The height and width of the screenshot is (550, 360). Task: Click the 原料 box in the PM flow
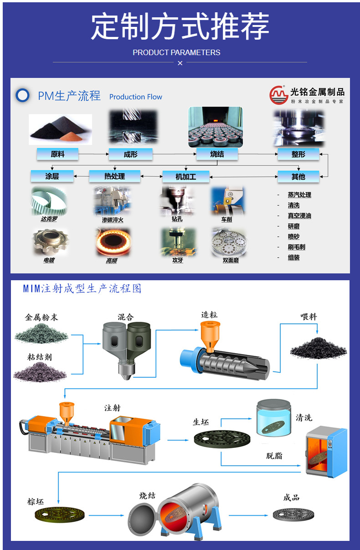pyautogui.click(x=57, y=154)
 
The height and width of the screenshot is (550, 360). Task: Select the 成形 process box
pyautogui.click(x=130, y=154)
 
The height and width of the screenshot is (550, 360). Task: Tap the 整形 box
pyautogui.click(x=298, y=154)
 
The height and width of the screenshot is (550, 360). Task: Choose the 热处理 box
pyautogui.click(x=115, y=176)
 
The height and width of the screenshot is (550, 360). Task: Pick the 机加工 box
pyautogui.click(x=186, y=176)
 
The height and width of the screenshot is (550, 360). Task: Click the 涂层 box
pyautogui.click(x=52, y=176)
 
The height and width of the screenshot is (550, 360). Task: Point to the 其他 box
pyautogui.click(x=298, y=176)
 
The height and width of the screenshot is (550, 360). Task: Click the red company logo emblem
pyautogui.click(x=279, y=95)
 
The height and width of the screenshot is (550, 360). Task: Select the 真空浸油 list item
pyautogui.click(x=299, y=216)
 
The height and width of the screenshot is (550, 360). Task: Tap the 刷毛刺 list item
pyautogui.click(x=296, y=247)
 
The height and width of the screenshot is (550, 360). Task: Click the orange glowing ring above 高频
pyautogui.click(x=113, y=242)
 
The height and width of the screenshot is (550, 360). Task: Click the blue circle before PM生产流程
pyautogui.click(x=22, y=95)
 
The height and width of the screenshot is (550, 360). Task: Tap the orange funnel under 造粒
pyautogui.click(x=210, y=336)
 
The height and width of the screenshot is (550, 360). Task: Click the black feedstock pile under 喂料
pyautogui.click(x=318, y=348)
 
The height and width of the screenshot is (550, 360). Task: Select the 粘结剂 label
pyautogui.click(x=40, y=357)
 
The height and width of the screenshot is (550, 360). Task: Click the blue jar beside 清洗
pyautogui.click(x=273, y=418)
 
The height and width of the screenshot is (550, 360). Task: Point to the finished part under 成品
pyautogui.click(x=293, y=514)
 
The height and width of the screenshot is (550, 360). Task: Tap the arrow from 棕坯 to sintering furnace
pyautogui.click(x=106, y=515)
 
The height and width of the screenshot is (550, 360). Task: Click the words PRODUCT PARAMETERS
pyautogui.click(x=176, y=52)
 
